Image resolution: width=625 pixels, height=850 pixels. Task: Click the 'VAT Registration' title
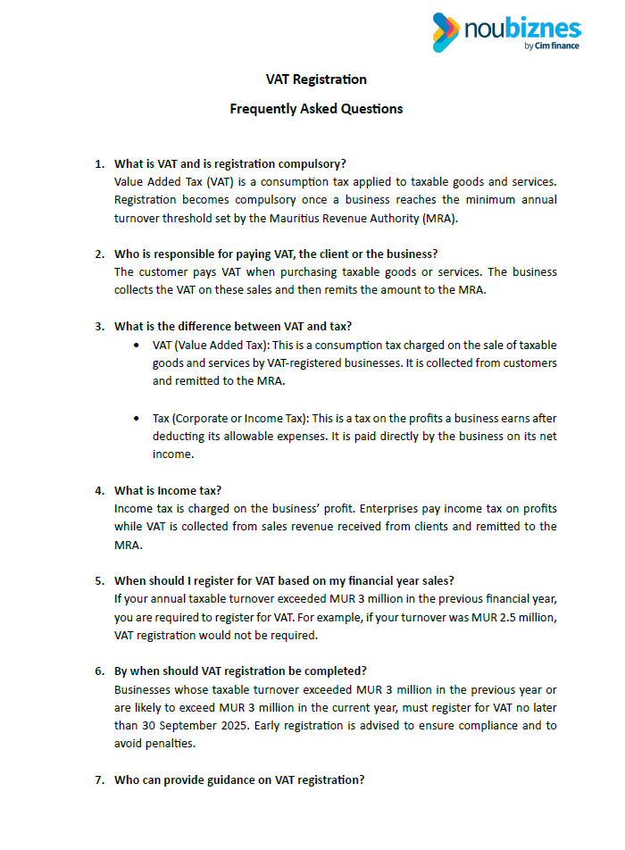pyautogui.click(x=316, y=79)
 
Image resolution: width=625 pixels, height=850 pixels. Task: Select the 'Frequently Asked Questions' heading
pyautogui.click(x=316, y=109)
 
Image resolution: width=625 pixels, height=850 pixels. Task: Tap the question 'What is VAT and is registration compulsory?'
pyautogui.click(x=230, y=163)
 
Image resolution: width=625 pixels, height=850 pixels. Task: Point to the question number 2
pyautogui.click(x=99, y=254)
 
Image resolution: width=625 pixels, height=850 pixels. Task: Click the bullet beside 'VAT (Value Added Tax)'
pyautogui.click(x=135, y=345)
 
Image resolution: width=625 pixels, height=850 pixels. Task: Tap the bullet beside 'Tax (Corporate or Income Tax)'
pyautogui.click(x=135, y=418)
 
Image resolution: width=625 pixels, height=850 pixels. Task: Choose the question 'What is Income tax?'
pyautogui.click(x=168, y=490)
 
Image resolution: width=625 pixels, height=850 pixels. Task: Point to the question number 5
pyautogui.click(x=99, y=580)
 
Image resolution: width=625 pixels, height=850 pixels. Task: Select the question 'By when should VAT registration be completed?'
pyautogui.click(x=240, y=671)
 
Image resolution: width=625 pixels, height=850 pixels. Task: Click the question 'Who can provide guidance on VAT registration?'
pyautogui.click(x=239, y=779)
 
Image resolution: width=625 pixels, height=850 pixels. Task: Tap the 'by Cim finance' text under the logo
pyautogui.click(x=552, y=46)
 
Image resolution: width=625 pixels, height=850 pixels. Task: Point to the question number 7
pyautogui.click(x=99, y=779)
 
